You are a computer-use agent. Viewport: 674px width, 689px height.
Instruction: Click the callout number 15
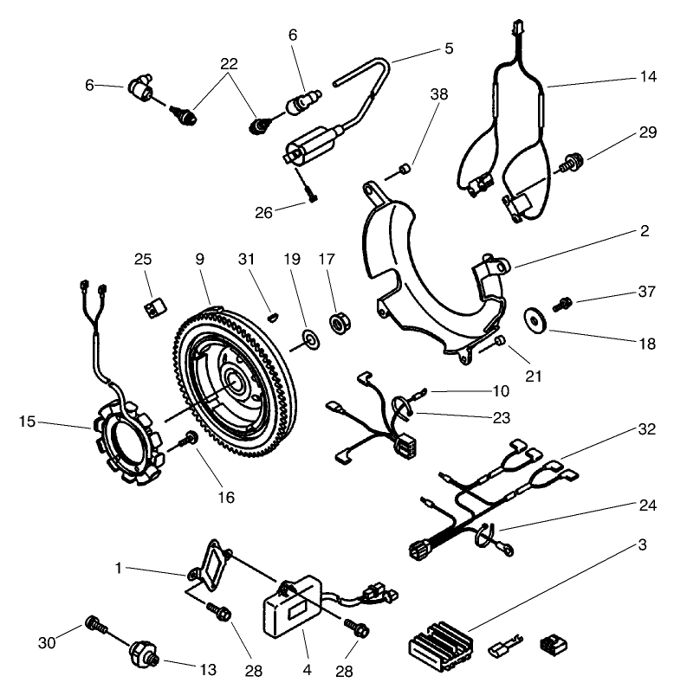pos(28,423)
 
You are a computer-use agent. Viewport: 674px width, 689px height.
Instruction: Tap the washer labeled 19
pos(308,336)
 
